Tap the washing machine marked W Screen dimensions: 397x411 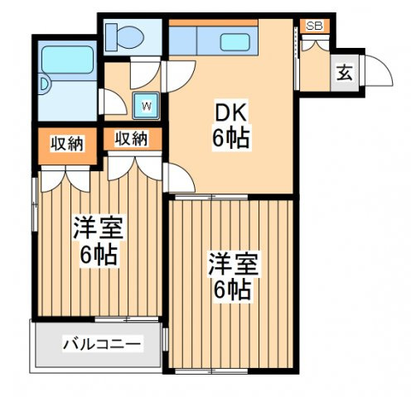pos(147,104)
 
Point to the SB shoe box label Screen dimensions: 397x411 pos(314,26)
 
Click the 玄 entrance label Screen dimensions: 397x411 pos(343,72)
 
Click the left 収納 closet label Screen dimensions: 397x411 pos(66,143)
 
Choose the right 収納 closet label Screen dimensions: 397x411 pos(132,139)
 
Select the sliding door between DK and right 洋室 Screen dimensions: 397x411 pos(232,197)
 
